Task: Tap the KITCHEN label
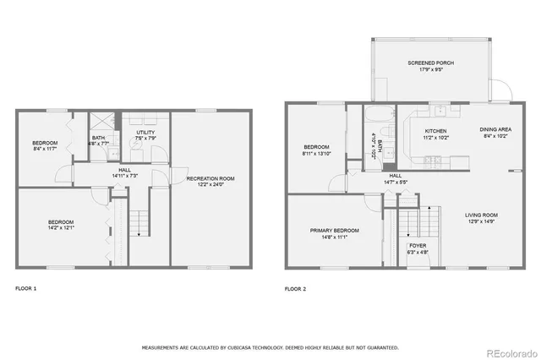pyautogui.click(x=435, y=131)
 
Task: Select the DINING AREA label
pyautogui.click(x=495, y=129)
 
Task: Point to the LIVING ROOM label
pyautogui.click(x=481, y=215)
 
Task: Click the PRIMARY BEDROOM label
pyautogui.click(x=335, y=231)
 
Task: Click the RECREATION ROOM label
pyautogui.click(x=210, y=178)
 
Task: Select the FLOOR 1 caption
pyautogui.click(x=26, y=288)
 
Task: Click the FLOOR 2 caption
pyautogui.click(x=295, y=288)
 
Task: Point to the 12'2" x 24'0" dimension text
pyautogui.click(x=210, y=185)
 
